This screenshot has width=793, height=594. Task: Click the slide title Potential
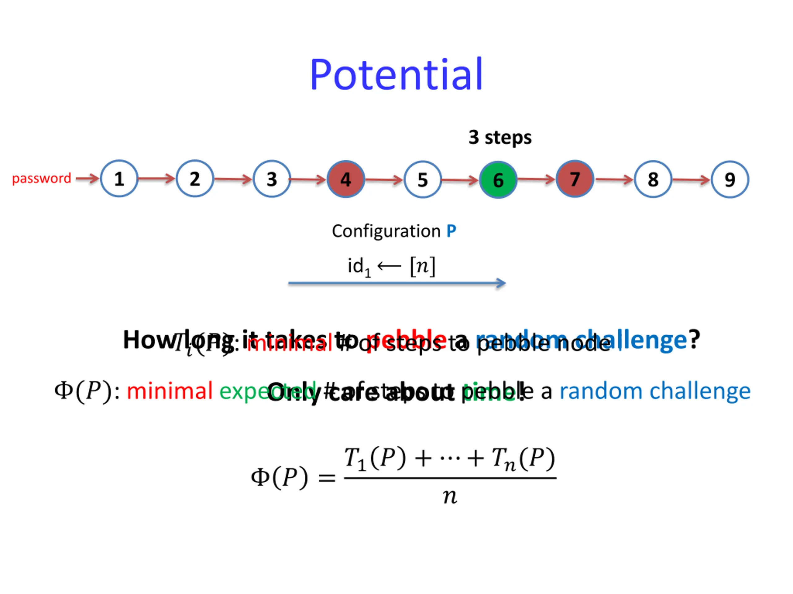tap(396, 75)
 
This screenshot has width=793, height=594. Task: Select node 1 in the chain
tap(119, 179)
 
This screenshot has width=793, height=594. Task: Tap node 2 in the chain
tap(195, 179)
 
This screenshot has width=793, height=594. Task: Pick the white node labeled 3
tap(272, 179)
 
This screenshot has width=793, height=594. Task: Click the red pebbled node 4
tap(346, 179)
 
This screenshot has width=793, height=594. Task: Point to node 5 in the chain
tap(423, 179)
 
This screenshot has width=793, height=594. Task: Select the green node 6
tap(498, 180)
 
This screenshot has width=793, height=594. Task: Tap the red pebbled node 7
tap(575, 179)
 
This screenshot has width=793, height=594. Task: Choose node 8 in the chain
tap(653, 179)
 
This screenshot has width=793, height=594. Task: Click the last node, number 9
tap(730, 179)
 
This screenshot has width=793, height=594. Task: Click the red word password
tap(42, 178)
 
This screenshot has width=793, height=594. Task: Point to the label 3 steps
tap(500, 137)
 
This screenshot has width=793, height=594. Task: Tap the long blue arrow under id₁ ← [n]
tap(396, 283)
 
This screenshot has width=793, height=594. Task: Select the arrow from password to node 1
tap(87, 178)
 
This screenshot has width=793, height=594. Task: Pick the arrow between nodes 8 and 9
tap(691, 180)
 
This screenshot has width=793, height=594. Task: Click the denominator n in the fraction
tap(450, 497)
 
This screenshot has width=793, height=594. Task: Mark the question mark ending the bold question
tap(694, 339)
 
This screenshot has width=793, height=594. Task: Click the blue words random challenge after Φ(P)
tap(655, 391)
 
